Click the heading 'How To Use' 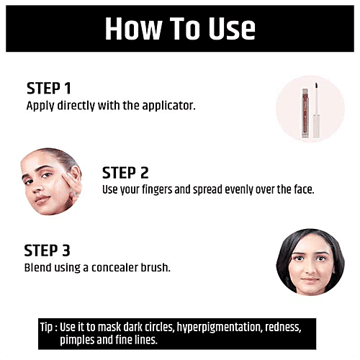[180, 28]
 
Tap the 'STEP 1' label [49, 88]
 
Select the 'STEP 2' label [125, 173]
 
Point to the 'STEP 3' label [48, 251]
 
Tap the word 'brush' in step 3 [158, 267]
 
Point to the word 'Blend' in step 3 [38, 267]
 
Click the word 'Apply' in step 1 [40, 105]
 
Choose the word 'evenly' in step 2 [247, 189]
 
